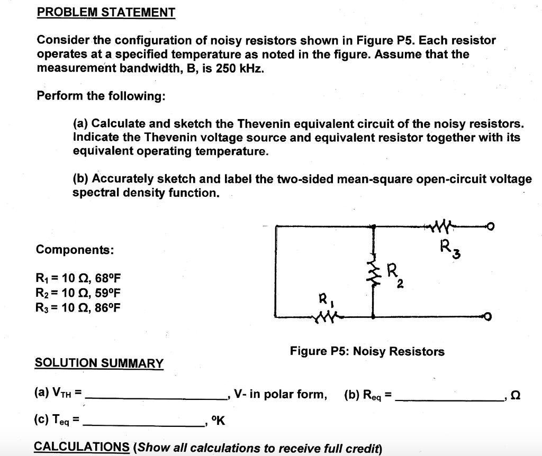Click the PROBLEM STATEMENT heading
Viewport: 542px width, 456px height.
106,12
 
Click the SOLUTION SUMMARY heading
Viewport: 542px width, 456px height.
99,363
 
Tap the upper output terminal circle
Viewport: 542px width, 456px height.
490,227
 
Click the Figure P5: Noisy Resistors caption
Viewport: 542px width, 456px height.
367,351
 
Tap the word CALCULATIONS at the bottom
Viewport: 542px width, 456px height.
82,448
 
